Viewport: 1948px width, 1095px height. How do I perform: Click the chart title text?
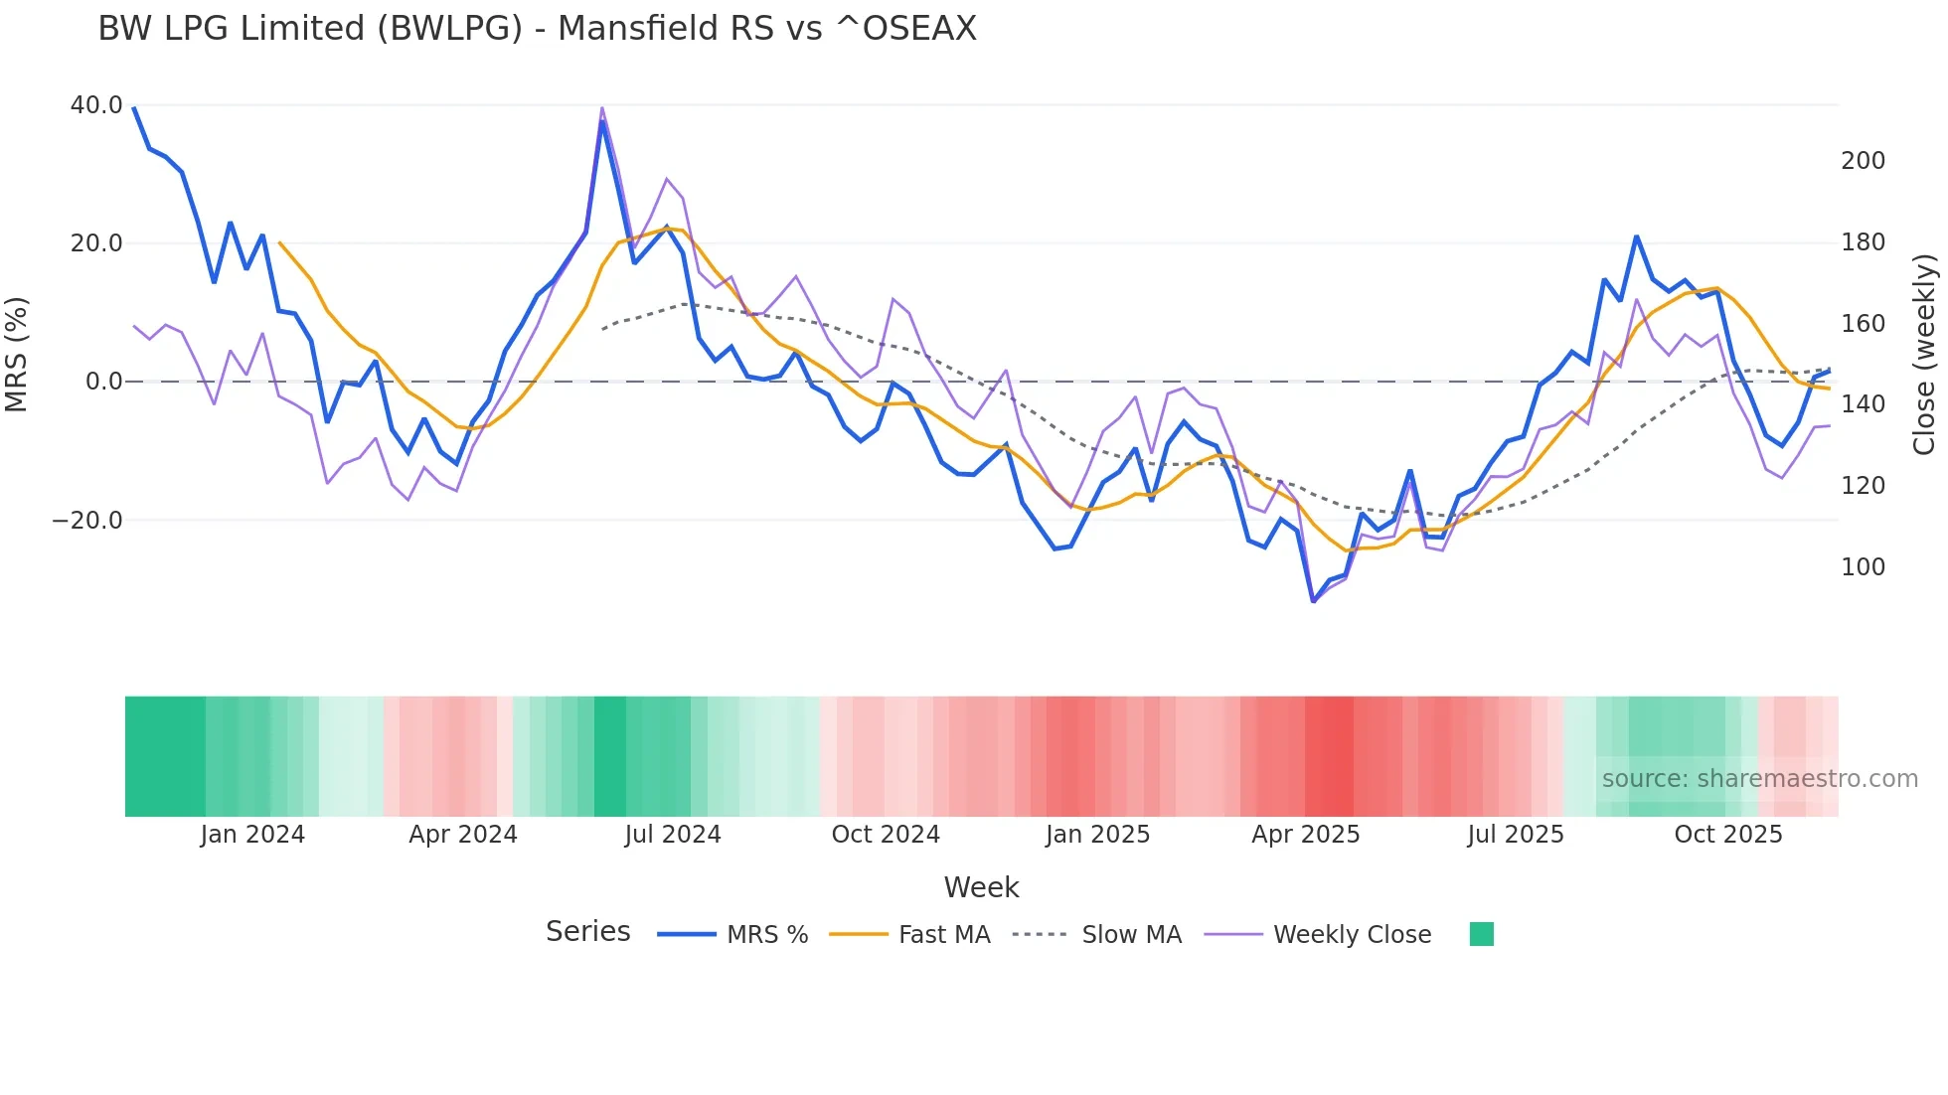tap(537, 29)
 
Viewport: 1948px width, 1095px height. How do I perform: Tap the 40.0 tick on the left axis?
tap(96, 105)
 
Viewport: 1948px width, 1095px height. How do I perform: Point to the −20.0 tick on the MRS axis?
tap(87, 521)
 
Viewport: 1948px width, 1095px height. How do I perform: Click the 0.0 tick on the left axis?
tap(104, 382)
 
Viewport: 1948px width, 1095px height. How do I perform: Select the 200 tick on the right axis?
tap(1863, 161)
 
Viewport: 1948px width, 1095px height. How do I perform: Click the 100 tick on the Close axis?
tap(1863, 567)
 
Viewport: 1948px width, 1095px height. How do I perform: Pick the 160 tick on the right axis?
tap(1863, 324)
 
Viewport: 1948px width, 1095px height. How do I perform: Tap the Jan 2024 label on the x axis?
tap(252, 835)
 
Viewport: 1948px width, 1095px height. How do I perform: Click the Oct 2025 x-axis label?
tap(1728, 835)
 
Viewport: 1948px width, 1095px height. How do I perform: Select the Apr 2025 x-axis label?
tap(1305, 835)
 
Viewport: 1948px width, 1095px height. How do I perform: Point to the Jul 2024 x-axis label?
tap(673, 835)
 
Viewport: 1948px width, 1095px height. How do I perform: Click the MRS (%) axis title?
tap(17, 355)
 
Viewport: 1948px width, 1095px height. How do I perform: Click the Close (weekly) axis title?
tap(1924, 355)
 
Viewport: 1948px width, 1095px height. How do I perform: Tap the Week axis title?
tap(981, 887)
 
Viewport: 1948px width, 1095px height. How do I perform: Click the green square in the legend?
tap(1481, 934)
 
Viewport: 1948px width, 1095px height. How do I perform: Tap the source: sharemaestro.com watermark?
tap(1759, 779)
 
